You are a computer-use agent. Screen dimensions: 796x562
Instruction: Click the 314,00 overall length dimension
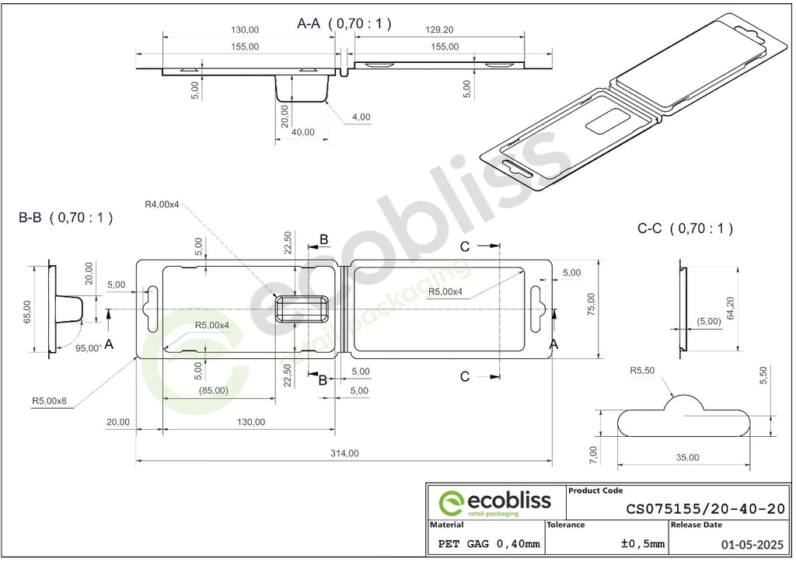point(344,453)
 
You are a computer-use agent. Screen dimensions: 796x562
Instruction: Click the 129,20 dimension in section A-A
point(439,30)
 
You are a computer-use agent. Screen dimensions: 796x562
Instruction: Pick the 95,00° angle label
point(89,348)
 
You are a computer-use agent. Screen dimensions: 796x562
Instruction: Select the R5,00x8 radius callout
point(49,400)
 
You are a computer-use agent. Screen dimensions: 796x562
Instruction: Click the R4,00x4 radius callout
point(162,204)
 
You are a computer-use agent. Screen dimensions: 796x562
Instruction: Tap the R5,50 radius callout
point(642,371)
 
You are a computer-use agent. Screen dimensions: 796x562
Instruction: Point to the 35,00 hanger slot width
point(687,457)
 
